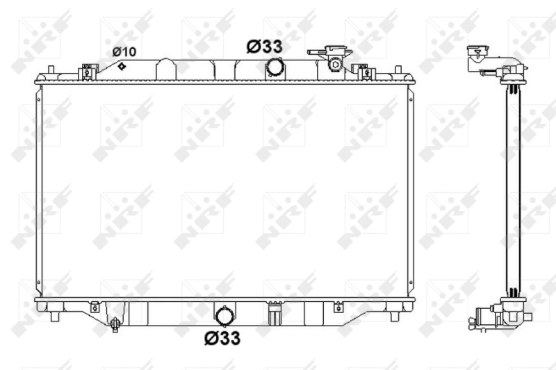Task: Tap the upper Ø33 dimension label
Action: (264, 47)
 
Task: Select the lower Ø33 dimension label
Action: (222, 338)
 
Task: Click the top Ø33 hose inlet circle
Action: (275, 67)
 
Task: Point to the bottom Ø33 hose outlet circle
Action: (225, 317)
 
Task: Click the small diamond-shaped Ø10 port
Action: (122, 66)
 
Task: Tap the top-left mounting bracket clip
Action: (87, 71)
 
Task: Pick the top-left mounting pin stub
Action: (50, 71)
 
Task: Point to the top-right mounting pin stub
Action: (398, 71)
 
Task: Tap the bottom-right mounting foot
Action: (395, 316)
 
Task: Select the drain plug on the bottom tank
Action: (113, 323)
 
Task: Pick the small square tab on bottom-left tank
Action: (94, 306)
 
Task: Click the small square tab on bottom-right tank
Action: (338, 306)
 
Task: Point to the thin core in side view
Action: (513, 187)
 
